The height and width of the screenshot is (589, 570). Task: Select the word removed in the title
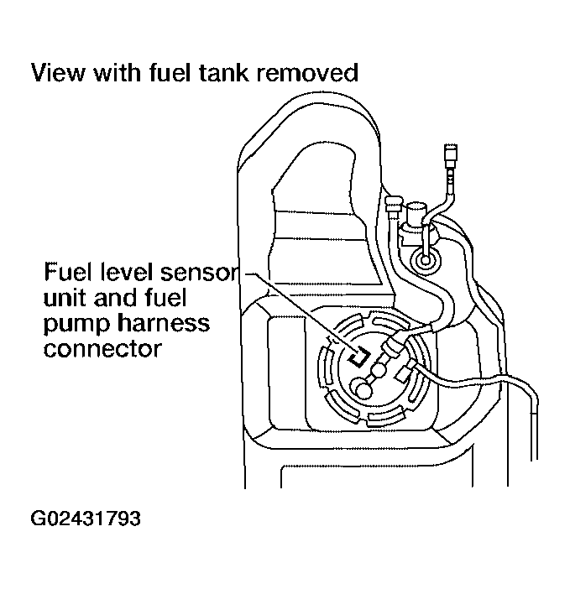click(x=307, y=73)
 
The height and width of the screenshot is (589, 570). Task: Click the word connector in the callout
click(x=101, y=347)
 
